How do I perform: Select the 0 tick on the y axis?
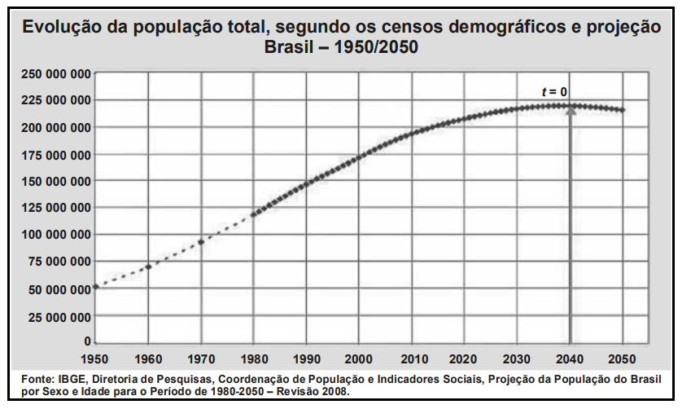coord(86,342)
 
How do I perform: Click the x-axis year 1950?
coord(95,358)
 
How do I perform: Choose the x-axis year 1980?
coord(254,358)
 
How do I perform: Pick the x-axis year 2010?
coord(412,358)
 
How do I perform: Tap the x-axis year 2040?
coord(571,358)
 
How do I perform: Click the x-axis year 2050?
coord(623,358)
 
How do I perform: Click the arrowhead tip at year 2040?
coord(571,107)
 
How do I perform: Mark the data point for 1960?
coord(148,266)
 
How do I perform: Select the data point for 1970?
coord(201,242)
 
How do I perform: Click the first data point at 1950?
coord(96,286)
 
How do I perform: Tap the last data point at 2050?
coord(623,110)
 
